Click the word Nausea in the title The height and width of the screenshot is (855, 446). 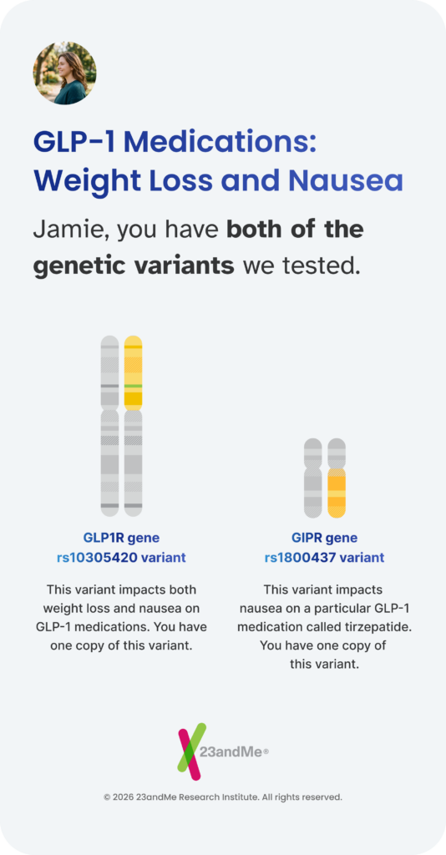coord(345,180)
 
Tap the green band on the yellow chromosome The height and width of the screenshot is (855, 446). coord(133,386)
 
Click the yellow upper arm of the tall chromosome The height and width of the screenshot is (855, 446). coord(133,373)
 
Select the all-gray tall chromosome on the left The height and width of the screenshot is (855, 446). coord(109,426)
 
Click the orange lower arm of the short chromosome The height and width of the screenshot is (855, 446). coord(337,493)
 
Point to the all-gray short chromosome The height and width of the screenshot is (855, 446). coord(313,478)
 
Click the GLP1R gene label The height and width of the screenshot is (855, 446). coord(121,538)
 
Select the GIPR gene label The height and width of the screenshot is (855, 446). coord(324,538)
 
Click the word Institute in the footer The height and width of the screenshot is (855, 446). coord(240,797)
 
